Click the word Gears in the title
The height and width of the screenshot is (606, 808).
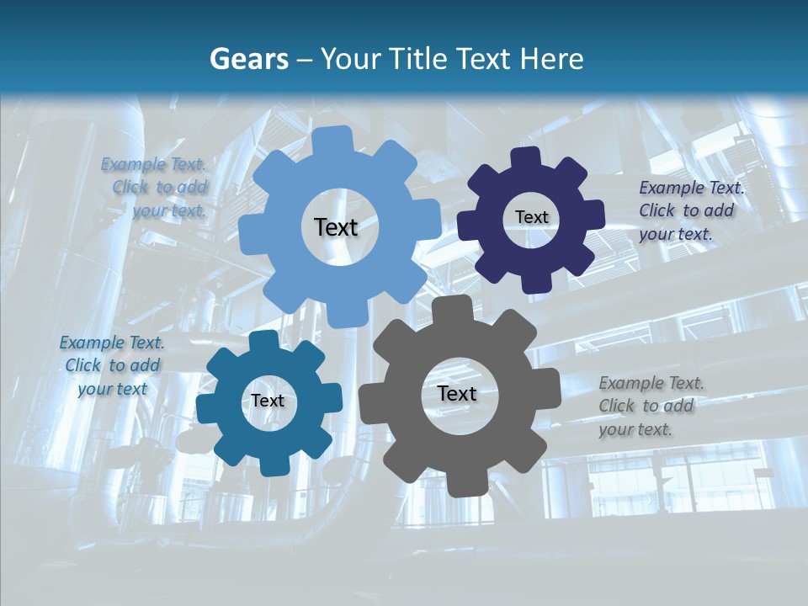point(248,59)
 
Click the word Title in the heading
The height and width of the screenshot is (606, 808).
point(421,59)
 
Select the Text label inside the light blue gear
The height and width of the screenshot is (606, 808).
point(336,227)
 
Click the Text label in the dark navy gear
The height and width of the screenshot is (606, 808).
point(531,217)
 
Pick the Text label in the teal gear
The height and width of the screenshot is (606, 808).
point(268,401)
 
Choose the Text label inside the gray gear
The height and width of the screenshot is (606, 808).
point(457,393)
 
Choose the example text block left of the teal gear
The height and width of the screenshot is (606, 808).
point(112,365)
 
